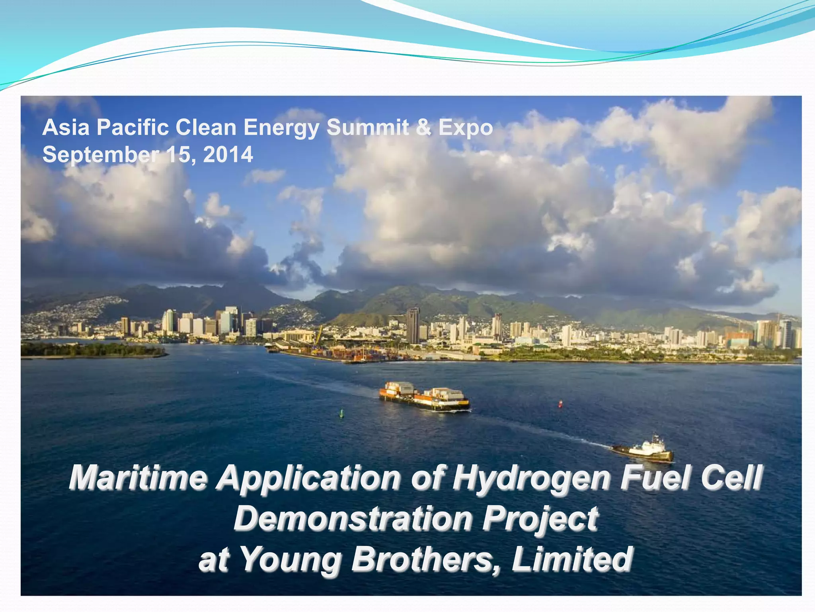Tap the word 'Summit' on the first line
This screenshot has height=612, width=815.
coord(368,128)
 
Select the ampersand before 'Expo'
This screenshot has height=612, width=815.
coord(424,128)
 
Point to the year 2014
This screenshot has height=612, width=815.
coord(228,155)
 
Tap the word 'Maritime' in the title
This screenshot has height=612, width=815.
coord(138,478)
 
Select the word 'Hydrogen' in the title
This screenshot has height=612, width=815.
coord(531,478)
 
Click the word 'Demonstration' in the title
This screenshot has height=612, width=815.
coord(353,518)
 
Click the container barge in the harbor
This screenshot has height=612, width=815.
coord(424,396)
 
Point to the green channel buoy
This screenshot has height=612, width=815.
coord(341,414)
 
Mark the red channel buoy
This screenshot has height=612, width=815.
coord(560,404)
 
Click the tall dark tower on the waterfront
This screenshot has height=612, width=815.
coord(413,325)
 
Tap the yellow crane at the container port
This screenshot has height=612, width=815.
coord(319,335)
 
